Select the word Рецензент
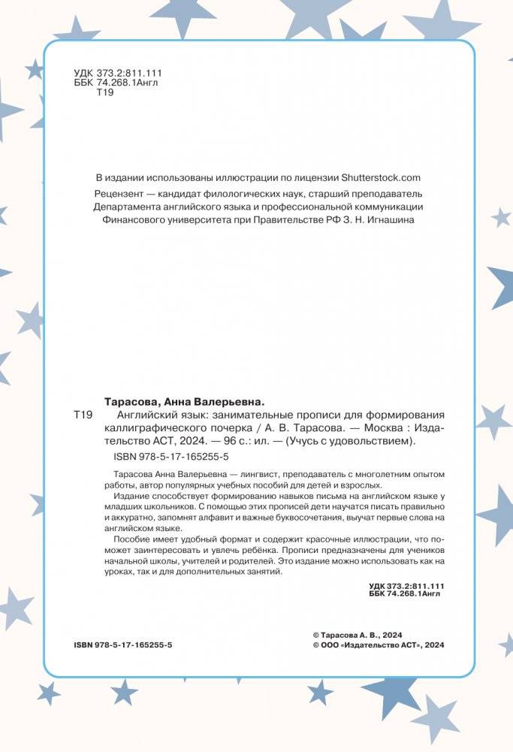[116, 192]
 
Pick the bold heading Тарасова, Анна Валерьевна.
[183, 401]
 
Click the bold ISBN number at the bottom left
[124, 645]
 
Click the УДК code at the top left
[118, 73]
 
